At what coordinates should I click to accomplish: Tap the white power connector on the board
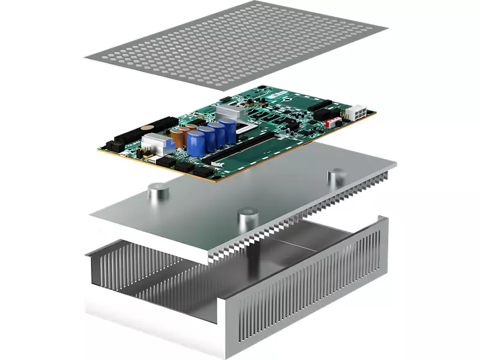pyautogui.click(x=358, y=112)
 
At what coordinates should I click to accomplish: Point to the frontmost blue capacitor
pyautogui.click(x=196, y=143)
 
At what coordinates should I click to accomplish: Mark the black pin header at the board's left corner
pyautogui.click(x=112, y=146)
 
